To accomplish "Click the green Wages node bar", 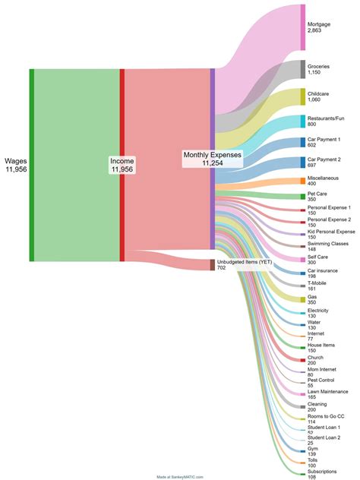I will pos(31,165).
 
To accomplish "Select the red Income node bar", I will pos(122,165).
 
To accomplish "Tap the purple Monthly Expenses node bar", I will pos(213,159).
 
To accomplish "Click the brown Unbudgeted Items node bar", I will pos(213,264).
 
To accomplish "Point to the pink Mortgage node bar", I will pos(303,27).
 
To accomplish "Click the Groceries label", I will pos(319,66).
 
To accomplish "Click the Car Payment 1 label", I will pos(324,139).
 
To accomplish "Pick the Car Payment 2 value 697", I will pos(313,165).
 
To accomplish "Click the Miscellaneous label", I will pos(324,178).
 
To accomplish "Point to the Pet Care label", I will pos(317,194).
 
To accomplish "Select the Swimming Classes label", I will pos(328,243).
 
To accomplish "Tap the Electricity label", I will pos(318,311).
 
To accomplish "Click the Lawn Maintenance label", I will pos(329,391).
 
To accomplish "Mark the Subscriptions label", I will pos(322,471).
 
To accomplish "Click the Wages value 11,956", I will pos(16,169).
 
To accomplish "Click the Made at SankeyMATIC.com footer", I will pos(180,477).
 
